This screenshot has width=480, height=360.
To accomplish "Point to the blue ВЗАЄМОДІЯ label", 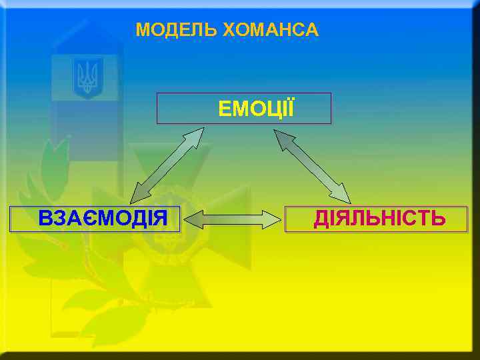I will point(103,218).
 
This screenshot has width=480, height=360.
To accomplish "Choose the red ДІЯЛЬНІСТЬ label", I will point(379,218).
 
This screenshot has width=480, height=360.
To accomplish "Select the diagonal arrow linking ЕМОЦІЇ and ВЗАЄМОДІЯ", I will point(167,165).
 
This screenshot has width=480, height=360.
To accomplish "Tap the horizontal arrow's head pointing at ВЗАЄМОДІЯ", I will point(191,219).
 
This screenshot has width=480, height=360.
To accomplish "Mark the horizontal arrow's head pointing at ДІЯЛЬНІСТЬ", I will point(273,219).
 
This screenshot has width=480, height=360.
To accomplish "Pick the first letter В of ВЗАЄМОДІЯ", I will point(45,218).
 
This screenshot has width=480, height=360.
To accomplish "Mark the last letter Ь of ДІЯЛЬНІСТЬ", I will point(438,218).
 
